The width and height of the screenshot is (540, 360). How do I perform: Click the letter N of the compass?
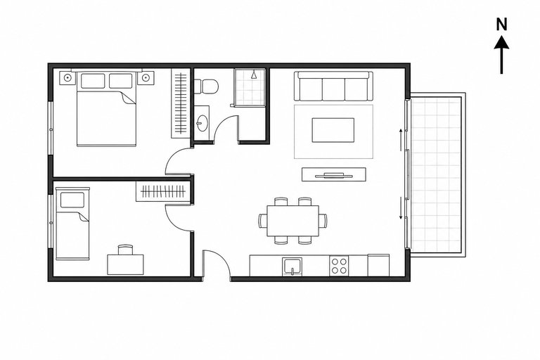click(502, 25)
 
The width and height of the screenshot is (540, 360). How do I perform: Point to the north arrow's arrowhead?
click(502, 42)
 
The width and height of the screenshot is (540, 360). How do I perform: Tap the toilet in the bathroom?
click(206, 86)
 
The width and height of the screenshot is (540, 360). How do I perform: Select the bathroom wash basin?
click(202, 123)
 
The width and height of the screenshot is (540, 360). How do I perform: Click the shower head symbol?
click(254, 75)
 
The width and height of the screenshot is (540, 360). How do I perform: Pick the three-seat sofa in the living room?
click(333, 86)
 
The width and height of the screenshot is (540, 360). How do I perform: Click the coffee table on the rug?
click(333, 130)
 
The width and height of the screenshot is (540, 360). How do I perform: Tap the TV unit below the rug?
click(334, 174)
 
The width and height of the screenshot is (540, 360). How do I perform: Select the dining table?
click(292, 221)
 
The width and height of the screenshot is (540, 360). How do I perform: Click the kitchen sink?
click(292, 266)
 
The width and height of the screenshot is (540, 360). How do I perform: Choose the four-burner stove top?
click(339, 266)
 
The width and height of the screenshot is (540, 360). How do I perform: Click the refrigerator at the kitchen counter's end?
click(378, 265)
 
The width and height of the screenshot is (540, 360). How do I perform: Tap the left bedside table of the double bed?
click(67, 78)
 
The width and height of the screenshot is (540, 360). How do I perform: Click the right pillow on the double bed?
click(120, 81)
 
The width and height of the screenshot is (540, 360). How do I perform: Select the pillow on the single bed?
click(72, 200)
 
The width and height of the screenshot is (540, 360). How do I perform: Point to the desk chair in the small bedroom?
click(125, 250)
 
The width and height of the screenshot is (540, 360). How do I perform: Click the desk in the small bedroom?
click(125, 264)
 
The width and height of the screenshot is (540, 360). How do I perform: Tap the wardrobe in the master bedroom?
click(181, 103)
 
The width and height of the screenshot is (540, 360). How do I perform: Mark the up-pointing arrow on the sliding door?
click(401, 140)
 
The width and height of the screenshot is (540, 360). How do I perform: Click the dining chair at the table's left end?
click(263, 221)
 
